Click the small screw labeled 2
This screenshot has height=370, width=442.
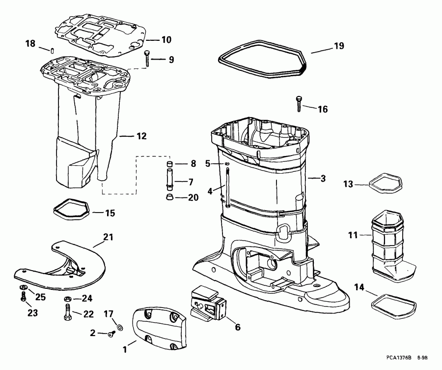tap(111, 335)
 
